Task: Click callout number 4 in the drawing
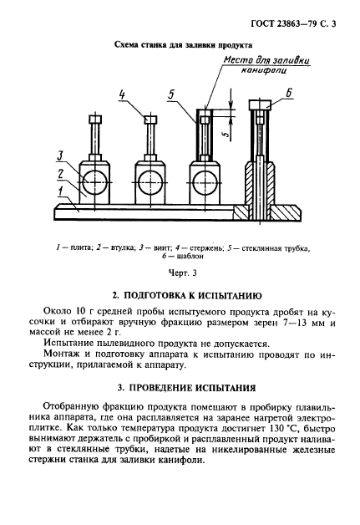pyautogui.click(x=122, y=94)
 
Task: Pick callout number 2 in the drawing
pyautogui.click(x=61, y=173)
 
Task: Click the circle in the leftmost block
pyautogui.click(x=97, y=177)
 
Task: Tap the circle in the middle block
pyautogui.click(x=150, y=177)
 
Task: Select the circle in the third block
pyautogui.click(x=203, y=177)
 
